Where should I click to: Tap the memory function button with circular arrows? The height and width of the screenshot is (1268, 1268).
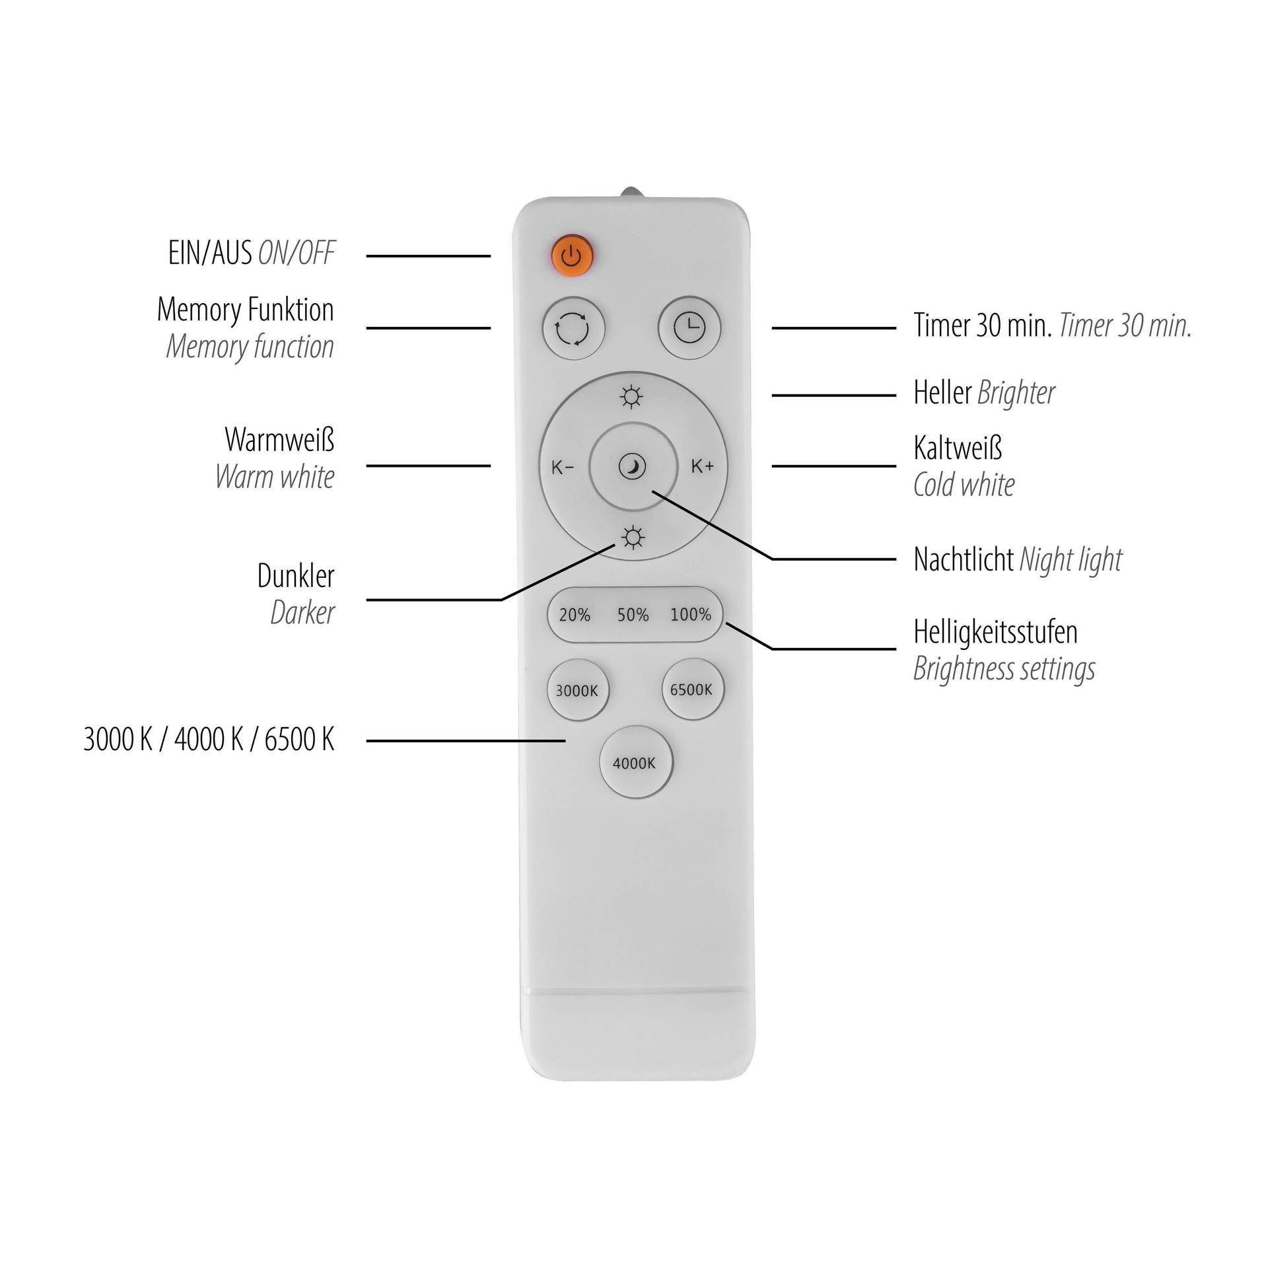pos(573,329)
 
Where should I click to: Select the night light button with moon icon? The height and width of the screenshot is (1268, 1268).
pos(633,467)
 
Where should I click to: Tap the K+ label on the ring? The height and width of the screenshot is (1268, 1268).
pos(703,466)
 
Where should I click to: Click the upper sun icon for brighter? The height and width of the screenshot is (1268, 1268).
pos(632,397)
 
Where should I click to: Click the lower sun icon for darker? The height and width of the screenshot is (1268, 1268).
pos(633,538)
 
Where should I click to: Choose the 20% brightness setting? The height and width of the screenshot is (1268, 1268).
pos(575,616)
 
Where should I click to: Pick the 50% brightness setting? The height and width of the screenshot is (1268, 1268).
pos(633,616)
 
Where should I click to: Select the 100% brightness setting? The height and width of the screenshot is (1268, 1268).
pos(691,615)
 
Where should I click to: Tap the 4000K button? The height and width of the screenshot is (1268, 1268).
pos(635,763)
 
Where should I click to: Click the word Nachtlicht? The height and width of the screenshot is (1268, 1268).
pos(964,560)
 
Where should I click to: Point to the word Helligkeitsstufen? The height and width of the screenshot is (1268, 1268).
pos(995,632)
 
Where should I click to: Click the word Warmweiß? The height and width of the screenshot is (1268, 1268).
pos(279,439)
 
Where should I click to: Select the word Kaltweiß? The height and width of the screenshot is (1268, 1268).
pos(958,448)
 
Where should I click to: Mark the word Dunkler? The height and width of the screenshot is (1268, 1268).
pos(296,577)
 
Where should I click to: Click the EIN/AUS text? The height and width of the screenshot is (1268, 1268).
pos(210,253)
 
